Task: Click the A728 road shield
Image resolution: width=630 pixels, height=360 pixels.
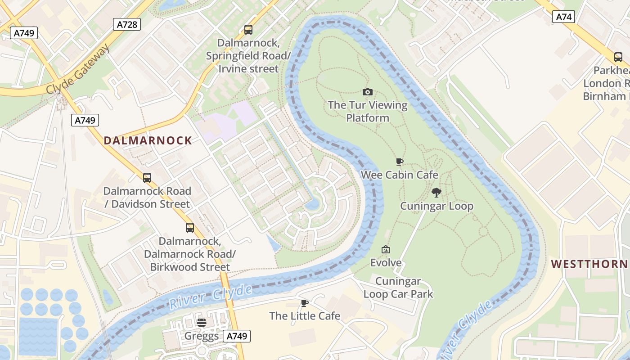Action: (x=127, y=24)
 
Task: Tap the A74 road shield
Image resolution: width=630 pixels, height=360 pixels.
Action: (x=563, y=17)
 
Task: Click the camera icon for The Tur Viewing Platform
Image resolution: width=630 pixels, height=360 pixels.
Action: (x=368, y=92)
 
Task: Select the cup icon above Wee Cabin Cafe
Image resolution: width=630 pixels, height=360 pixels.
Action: (x=399, y=162)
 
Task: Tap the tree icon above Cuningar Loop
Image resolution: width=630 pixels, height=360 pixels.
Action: (x=436, y=193)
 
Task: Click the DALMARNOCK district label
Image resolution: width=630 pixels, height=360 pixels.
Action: (x=148, y=140)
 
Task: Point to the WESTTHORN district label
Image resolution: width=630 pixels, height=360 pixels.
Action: (x=589, y=264)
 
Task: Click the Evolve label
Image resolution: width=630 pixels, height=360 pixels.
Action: (x=386, y=262)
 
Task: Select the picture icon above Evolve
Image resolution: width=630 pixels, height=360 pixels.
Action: (x=386, y=249)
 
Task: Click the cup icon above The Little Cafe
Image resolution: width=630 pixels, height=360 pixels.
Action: (x=305, y=303)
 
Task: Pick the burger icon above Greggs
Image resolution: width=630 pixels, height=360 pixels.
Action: (x=202, y=322)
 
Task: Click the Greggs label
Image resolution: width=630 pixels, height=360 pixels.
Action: (x=202, y=336)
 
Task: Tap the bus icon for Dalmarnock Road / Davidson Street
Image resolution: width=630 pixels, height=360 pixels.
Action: (x=147, y=178)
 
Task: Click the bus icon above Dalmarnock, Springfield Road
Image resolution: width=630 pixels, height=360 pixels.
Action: (x=248, y=30)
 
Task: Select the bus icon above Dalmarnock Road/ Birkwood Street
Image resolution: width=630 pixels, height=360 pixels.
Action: (x=190, y=228)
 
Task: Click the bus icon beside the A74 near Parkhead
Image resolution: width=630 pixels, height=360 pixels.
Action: (x=618, y=57)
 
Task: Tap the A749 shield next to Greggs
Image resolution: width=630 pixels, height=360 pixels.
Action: (x=237, y=336)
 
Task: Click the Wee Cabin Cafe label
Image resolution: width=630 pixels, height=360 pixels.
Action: (x=399, y=175)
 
